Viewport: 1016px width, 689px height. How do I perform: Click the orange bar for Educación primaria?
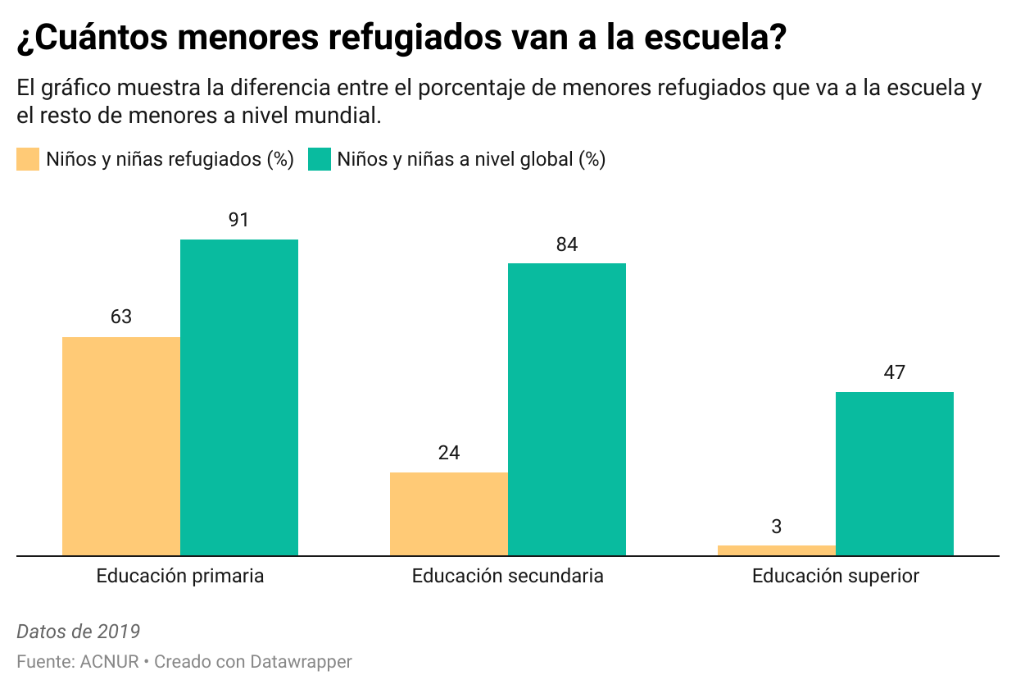[121, 446]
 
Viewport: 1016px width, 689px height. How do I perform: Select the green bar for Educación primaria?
[239, 398]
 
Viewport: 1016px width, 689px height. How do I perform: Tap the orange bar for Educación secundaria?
[449, 514]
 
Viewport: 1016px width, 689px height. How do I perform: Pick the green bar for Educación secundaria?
[567, 409]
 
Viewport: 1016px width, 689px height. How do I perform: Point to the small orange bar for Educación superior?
[777, 550]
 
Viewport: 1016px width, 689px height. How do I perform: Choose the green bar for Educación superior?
[895, 473]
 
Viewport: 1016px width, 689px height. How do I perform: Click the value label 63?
[121, 317]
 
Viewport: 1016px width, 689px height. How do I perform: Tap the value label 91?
[239, 220]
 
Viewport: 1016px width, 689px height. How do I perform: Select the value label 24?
[449, 453]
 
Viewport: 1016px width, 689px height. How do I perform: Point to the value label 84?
[567, 244]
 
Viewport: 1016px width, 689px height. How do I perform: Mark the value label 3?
[777, 527]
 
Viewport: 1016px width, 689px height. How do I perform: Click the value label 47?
[895, 372]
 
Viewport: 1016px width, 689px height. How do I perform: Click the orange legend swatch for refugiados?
[28, 159]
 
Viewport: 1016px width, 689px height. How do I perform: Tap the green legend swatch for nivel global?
[319, 159]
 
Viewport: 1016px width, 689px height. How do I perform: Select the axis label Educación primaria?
[180, 576]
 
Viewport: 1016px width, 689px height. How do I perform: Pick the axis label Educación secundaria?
[508, 576]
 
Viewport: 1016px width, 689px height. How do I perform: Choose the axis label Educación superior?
[836, 576]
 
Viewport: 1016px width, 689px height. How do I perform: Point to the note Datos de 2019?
[79, 632]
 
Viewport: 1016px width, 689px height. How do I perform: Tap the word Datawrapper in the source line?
[301, 661]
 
